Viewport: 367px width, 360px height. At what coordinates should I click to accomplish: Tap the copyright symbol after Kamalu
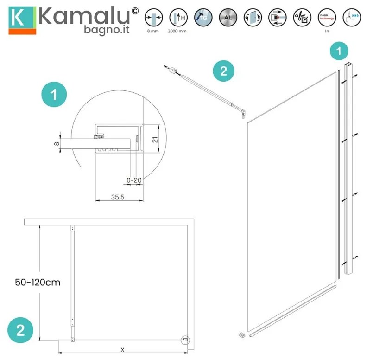coord(135,11)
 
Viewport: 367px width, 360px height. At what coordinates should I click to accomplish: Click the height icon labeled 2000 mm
coord(177,17)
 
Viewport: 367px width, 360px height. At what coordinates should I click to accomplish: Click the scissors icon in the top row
coord(301,17)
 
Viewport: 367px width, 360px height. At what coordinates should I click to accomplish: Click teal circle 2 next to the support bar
coord(223,71)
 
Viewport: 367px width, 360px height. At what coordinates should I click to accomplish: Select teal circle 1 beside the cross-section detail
coord(54,95)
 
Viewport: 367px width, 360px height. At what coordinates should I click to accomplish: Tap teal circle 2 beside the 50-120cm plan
coord(21,330)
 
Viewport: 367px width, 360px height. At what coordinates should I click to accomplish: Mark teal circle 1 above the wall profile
coord(341,51)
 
